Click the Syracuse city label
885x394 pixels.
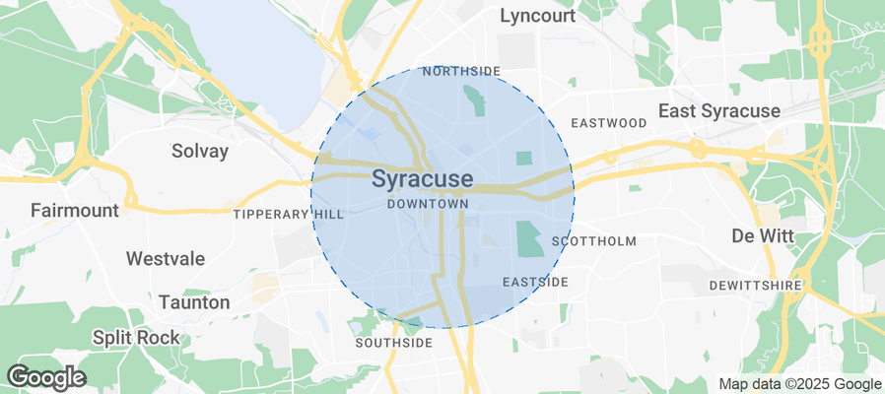(422, 179)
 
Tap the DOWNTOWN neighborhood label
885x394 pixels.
(427, 204)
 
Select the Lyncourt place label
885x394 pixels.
(538, 16)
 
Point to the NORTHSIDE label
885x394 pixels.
(461, 71)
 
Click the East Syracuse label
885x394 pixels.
(718, 110)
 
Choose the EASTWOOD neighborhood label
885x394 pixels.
(609, 123)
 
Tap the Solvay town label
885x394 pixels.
(199, 151)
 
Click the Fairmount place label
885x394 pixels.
(74, 210)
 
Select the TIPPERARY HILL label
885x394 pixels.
(288, 214)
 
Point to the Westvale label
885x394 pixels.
(166, 258)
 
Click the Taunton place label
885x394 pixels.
(193, 302)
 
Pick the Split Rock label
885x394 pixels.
(136, 337)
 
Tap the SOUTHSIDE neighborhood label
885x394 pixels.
(393, 343)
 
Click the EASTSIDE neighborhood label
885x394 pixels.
(535, 282)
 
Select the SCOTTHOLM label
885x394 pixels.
(593, 240)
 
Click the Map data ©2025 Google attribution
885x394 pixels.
(799, 384)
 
